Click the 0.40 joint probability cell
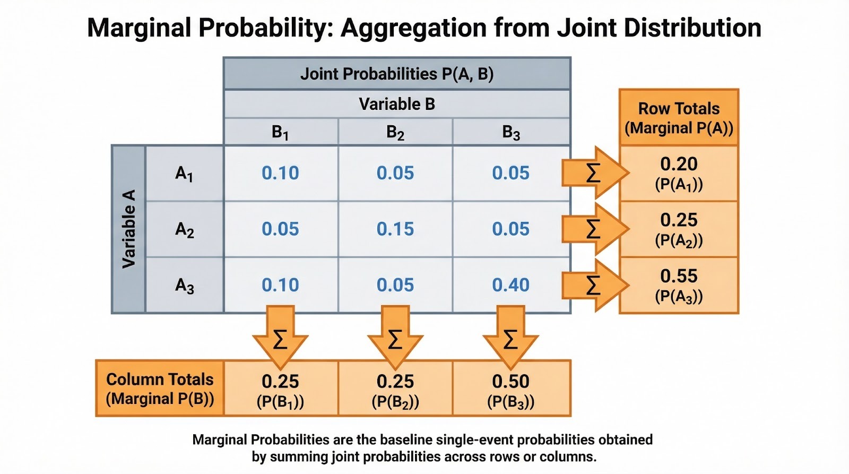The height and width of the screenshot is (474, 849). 510,285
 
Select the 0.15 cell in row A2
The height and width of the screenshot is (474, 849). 395,229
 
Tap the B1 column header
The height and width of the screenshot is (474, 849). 280,132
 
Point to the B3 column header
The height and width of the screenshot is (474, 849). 511,132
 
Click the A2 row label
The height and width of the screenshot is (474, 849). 184,229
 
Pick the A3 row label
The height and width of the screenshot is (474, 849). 184,286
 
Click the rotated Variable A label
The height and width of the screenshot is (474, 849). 128,229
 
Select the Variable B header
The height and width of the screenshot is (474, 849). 397,104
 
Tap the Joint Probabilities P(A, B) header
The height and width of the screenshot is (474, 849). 397,74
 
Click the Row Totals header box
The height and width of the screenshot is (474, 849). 679,118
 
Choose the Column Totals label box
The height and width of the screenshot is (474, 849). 160,389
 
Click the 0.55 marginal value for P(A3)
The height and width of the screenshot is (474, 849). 679,276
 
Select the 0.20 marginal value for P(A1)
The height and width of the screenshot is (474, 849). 679,164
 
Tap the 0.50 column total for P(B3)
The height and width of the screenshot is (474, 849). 510,381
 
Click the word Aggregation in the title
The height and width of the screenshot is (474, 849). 413,28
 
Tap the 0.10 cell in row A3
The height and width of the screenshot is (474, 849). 280,285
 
